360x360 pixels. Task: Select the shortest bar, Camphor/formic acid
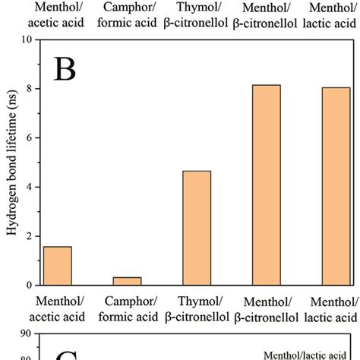[128, 281]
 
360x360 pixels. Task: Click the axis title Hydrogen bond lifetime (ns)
[10, 163]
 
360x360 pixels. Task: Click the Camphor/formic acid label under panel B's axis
[128, 308]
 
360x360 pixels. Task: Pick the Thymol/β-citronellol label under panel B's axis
[197, 308]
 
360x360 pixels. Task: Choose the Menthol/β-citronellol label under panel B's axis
[267, 308]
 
